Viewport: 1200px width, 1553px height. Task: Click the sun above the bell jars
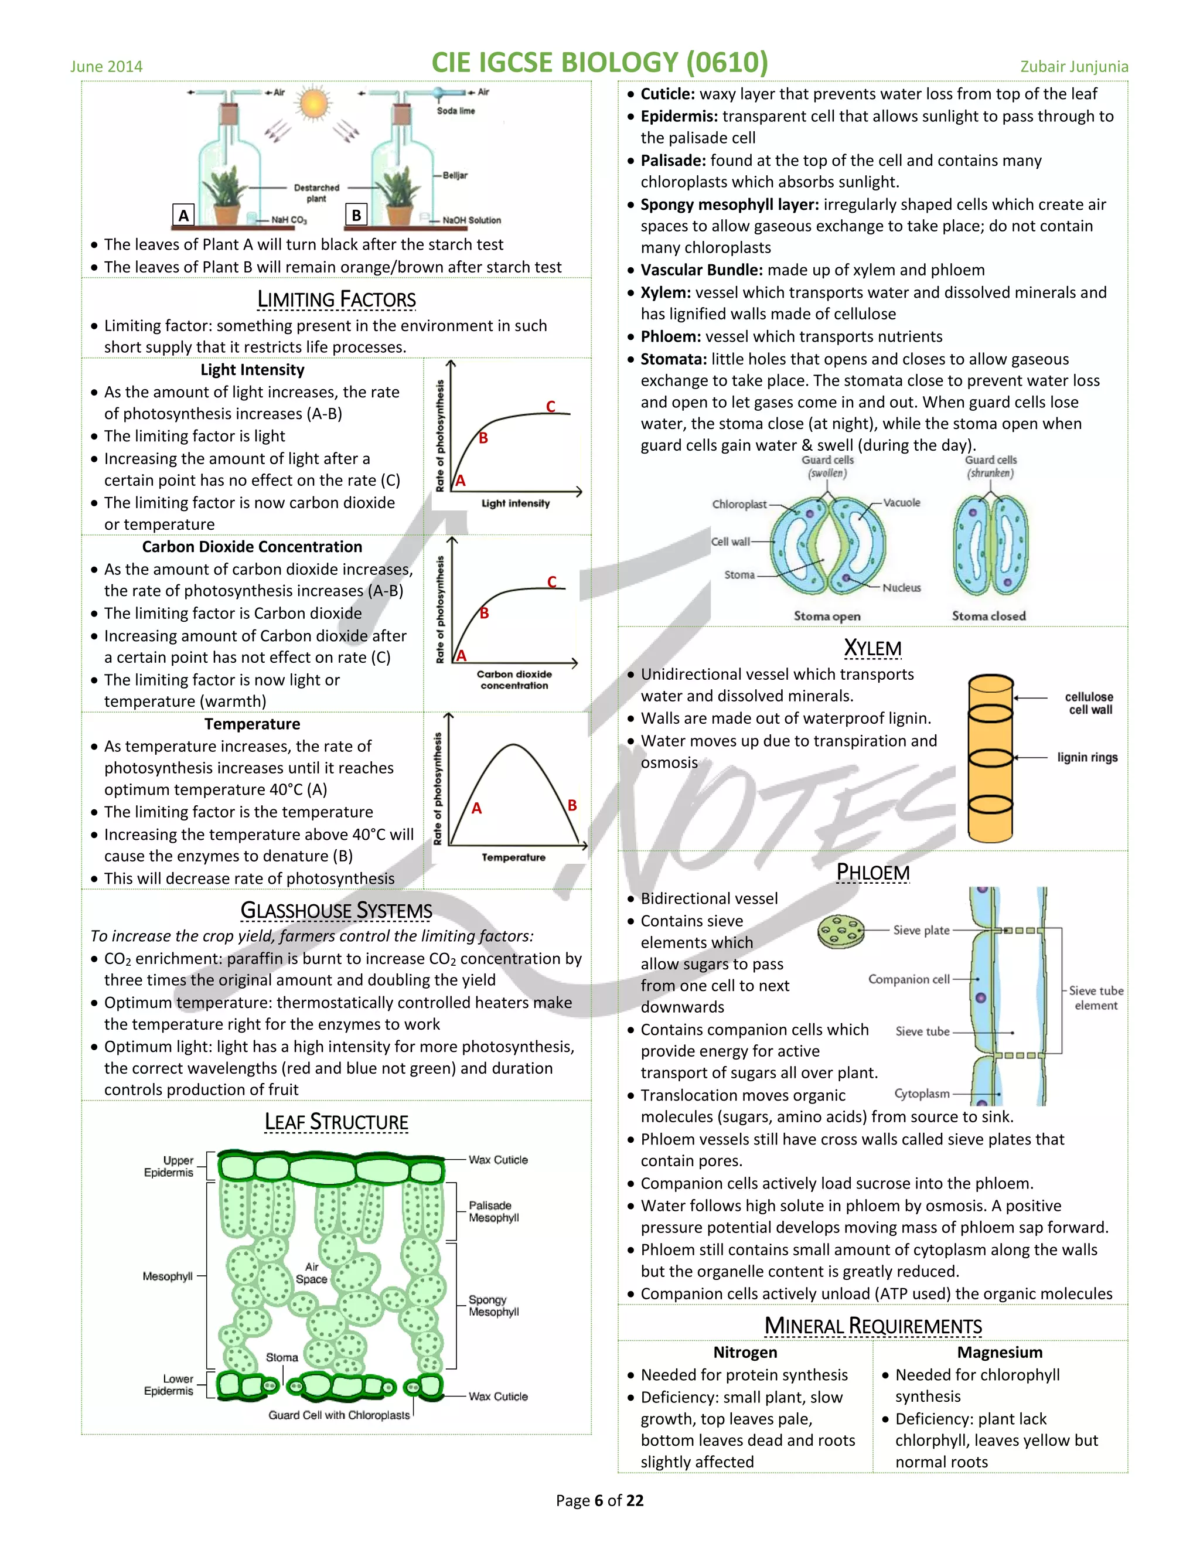(314, 104)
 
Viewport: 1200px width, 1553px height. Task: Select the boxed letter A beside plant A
(183, 214)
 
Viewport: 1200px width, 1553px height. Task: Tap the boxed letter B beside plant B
(356, 214)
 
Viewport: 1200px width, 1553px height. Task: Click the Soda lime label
(456, 111)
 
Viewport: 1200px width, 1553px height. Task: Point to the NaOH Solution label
(471, 220)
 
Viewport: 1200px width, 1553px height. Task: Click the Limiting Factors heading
(336, 299)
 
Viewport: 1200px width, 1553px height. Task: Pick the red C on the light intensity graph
(550, 406)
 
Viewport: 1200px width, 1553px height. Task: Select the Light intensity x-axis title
(516, 503)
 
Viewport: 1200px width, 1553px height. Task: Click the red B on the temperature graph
(571, 805)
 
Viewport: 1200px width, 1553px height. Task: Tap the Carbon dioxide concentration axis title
(514, 680)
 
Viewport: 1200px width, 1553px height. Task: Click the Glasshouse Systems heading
(336, 910)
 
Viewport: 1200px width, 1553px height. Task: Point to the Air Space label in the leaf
(311, 1273)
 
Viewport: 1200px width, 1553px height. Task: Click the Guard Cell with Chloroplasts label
(339, 1415)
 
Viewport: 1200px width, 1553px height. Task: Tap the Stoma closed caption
(989, 616)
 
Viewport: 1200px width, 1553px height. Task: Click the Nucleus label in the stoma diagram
(901, 587)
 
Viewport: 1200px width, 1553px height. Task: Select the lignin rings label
(1087, 757)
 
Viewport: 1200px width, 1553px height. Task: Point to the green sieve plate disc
(840, 931)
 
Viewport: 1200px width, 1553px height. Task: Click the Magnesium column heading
(1000, 1353)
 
